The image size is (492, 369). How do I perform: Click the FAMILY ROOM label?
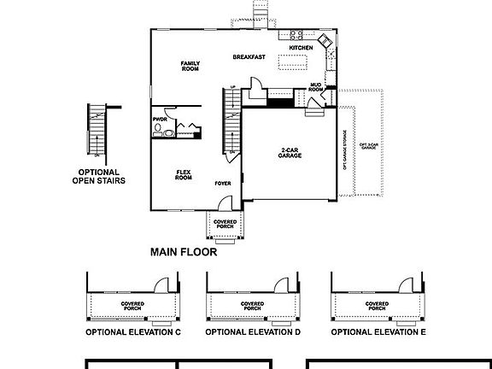click(x=189, y=66)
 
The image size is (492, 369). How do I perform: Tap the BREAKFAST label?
click(x=249, y=57)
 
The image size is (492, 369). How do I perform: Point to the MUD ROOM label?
click(x=315, y=87)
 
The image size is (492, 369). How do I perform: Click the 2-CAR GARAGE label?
click(x=289, y=155)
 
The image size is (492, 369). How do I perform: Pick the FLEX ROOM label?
click(x=183, y=174)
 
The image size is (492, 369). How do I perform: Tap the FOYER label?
click(x=222, y=182)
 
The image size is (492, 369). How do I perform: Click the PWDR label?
click(x=160, y=119)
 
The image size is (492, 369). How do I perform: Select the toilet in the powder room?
click(x=158, y=131)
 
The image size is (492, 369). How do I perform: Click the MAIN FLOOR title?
click(x=183, y=252)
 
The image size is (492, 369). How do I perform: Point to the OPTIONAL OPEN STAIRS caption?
click(x=99, y=176)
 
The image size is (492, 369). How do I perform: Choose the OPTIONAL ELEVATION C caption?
click(x=132, y=331)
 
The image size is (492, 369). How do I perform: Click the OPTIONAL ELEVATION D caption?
click(x=253, y=331)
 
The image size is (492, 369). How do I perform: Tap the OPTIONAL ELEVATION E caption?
click(x=378, y=331)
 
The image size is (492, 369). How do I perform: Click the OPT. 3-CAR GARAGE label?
click(x=367, y=148)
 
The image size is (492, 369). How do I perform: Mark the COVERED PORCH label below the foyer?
click(x=225, y=224)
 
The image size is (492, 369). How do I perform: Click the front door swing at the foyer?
click(x=224, y=205)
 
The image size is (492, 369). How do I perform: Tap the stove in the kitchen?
click(x=296, y=35)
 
